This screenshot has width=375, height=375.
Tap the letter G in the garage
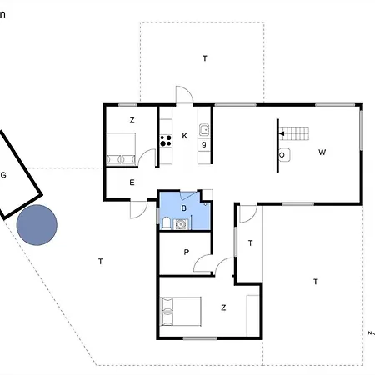4,175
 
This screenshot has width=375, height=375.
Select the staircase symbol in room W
292,132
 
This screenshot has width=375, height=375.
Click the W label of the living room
321,152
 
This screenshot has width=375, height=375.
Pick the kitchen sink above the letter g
202,130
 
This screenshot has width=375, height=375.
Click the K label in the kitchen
184,135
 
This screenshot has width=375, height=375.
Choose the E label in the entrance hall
132,182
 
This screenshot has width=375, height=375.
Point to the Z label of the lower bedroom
223,307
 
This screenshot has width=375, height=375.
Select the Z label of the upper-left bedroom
132,121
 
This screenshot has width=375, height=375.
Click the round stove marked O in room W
282,154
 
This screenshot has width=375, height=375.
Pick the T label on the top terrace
204,57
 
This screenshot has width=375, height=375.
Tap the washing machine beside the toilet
182,222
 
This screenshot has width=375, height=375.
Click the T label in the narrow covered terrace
250,243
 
